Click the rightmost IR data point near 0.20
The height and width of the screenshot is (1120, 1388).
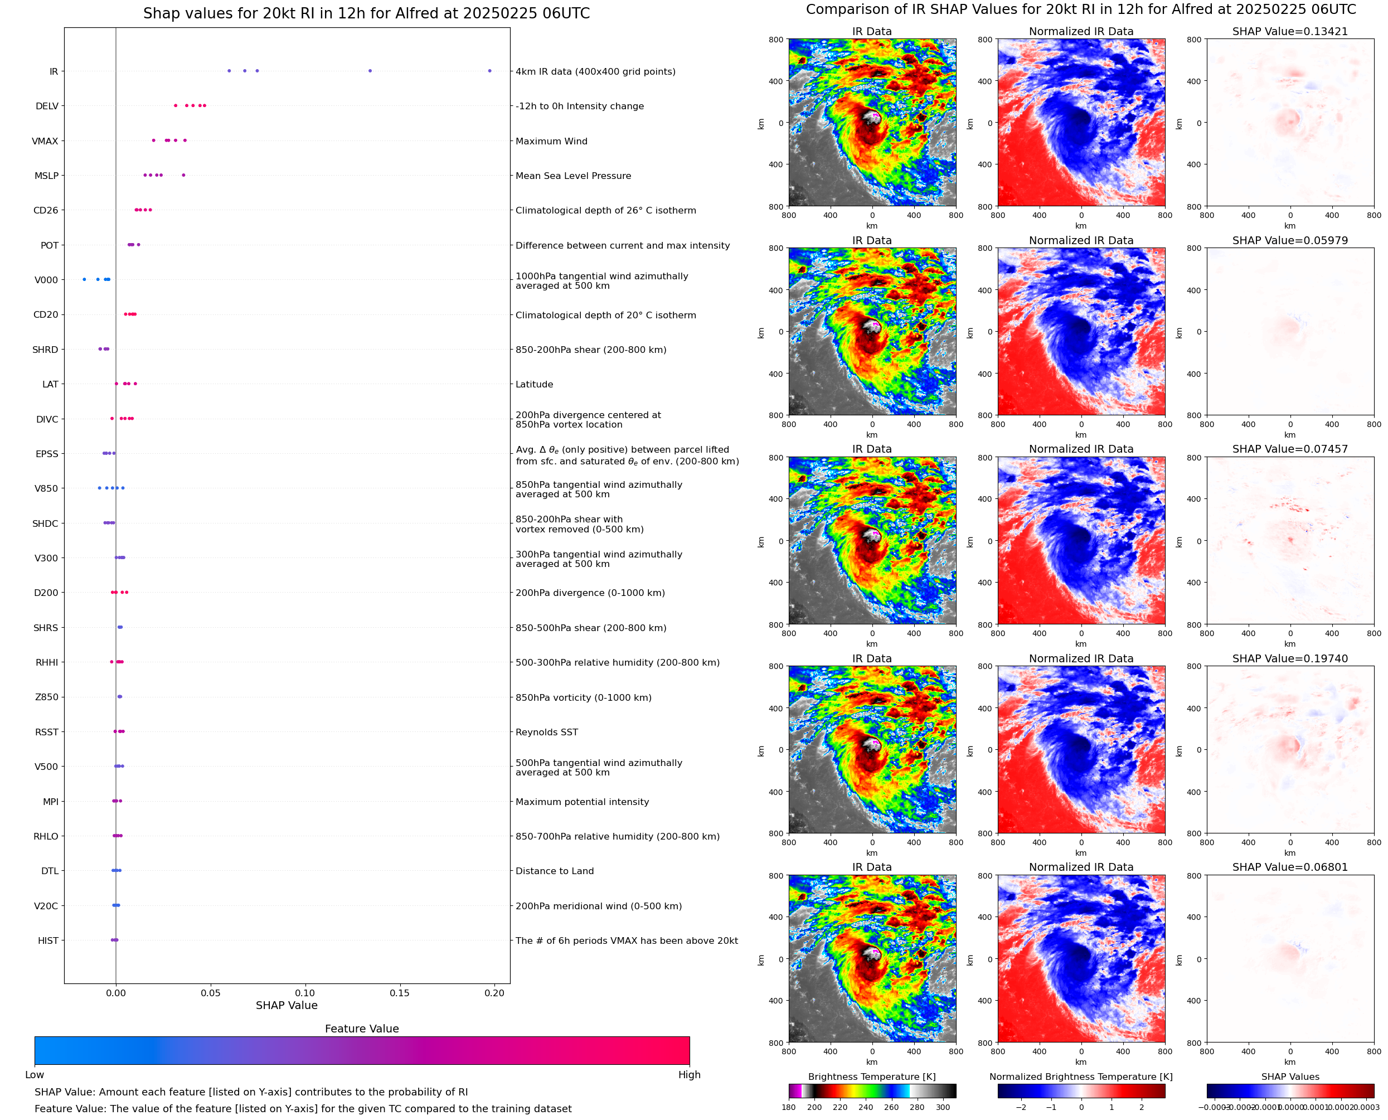tap(489, 71)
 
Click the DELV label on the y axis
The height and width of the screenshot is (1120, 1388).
tap(47, 106)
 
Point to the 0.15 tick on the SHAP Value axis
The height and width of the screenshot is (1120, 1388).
tap(399, 993)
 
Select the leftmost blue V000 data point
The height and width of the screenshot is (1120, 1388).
tap(85, 279)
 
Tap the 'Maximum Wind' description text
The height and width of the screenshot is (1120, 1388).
tap(551, 141)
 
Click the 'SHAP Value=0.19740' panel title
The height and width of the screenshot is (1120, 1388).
tap(1290, 659)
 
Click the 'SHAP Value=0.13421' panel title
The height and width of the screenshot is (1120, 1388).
tap(1290, 31)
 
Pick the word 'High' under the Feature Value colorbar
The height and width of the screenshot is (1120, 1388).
tap(689, 1074)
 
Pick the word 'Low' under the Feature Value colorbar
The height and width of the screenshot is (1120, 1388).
tap(34, 1074)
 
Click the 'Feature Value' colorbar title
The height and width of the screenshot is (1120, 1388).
tap(362, 1029)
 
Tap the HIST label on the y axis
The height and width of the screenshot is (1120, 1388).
tap(48, 940)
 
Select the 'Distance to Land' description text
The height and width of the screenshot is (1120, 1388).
tap(555, 871)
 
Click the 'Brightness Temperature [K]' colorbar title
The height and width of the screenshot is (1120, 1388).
tap(871, 1076)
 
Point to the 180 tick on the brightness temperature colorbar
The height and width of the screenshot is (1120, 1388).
tap(789, 1107)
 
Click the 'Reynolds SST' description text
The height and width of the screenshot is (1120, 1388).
tap(547, 732)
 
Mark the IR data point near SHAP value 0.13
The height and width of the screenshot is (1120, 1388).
tap(370, 71)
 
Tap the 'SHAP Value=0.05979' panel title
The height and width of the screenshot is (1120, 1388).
tap(1290, 241)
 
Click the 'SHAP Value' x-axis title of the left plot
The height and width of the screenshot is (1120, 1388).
tap(287, 1005)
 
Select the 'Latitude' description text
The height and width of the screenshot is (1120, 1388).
tap(534, 385)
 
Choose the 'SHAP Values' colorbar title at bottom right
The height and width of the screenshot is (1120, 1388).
tap(1290, 1076)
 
